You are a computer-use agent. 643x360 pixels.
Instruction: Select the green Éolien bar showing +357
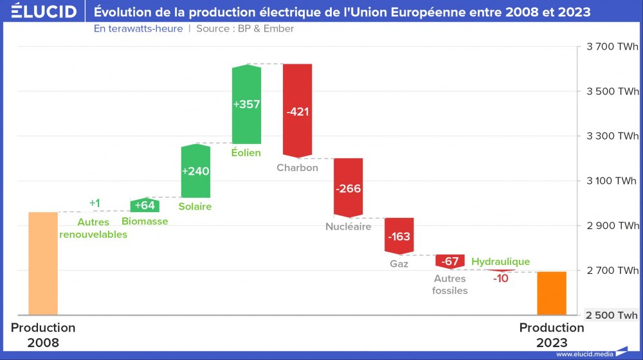[246, 104]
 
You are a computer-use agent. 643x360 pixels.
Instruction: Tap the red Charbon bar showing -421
[297, 111]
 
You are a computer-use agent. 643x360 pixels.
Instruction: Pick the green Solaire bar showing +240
[195, 171]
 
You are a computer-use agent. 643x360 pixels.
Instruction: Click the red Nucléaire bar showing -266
[348, 188]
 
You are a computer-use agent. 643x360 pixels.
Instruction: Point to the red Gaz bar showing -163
[399, 235]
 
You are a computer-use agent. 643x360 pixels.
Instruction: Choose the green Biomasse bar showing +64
[145, 205]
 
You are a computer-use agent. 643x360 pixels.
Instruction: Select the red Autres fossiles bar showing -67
[449, 261]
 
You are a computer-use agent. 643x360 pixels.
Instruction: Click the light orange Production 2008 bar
[43, 264]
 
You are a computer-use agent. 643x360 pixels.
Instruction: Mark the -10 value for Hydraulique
[500, 278]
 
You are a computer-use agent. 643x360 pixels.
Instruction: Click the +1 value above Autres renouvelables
[95, 203]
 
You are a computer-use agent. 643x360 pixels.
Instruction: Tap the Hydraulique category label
[500, 262]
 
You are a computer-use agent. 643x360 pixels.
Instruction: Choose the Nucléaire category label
[348, 226]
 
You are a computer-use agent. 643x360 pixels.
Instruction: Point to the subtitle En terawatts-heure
[138, 29]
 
